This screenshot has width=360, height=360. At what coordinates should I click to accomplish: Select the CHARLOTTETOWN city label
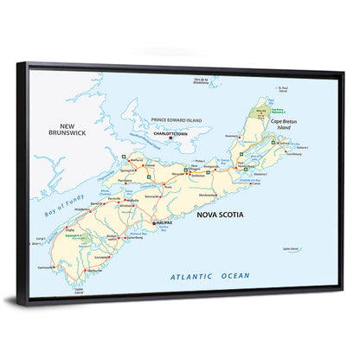[x=170, y=134]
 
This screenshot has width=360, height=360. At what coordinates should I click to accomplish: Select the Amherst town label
[x=136, y=160]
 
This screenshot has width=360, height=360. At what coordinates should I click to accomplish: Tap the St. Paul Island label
[x=283, y=87]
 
